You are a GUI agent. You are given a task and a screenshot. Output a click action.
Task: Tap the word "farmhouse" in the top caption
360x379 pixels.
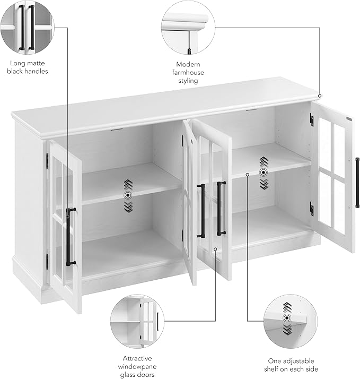pyautogui.click(x=188, y=73)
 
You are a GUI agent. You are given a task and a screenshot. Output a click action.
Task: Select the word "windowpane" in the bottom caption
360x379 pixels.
pyautogui.click(x=137, y=367)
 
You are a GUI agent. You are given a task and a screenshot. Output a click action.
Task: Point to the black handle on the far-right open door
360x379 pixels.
pyautogui.click(x=357, y=183)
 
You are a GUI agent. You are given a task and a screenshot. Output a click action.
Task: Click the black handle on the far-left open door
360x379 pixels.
pyautogui.click(x=69, y=237)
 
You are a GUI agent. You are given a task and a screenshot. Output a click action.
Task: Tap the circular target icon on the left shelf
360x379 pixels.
pyautogui.click(x=128, y=195)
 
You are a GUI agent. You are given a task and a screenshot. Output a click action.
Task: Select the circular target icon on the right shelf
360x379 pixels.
pyautogui.click(x=264, y=173)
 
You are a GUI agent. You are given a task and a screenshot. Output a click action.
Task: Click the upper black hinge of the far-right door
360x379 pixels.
pyautogui.click(x=312, y=119)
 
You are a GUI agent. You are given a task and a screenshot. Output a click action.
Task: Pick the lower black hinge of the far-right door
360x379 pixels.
pyautogui.click(x=312, y=209)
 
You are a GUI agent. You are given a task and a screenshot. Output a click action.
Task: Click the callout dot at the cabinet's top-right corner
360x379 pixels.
pyautogui.click(x=320, y=96)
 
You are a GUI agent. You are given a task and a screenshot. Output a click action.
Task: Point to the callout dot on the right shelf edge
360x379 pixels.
pyautogui.click(x=247, y=174)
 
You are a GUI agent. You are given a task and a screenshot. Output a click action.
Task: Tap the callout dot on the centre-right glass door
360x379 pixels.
pyautogui.click(x=215, y=249)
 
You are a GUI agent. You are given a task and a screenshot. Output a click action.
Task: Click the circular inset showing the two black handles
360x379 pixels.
pyautogui.click(x=27, y=27)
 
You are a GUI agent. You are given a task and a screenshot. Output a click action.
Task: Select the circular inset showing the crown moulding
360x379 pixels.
pyautogui.click(x=188, y=27)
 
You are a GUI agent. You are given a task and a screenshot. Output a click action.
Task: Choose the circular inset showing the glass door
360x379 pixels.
pyautogui.click(x=137, y=321)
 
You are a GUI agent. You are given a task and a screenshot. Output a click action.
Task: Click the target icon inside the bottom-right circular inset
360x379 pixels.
pyautogui.click(x=287, y=318)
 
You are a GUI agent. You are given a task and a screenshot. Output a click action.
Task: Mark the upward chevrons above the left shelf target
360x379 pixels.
pyautogui.click(x=128, y=185)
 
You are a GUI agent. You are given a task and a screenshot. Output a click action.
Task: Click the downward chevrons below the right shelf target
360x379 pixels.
pyautogui.click(x=264, y=184)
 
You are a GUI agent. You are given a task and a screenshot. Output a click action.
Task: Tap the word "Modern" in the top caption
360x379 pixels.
pyautogui.click(x=188, y=64)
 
